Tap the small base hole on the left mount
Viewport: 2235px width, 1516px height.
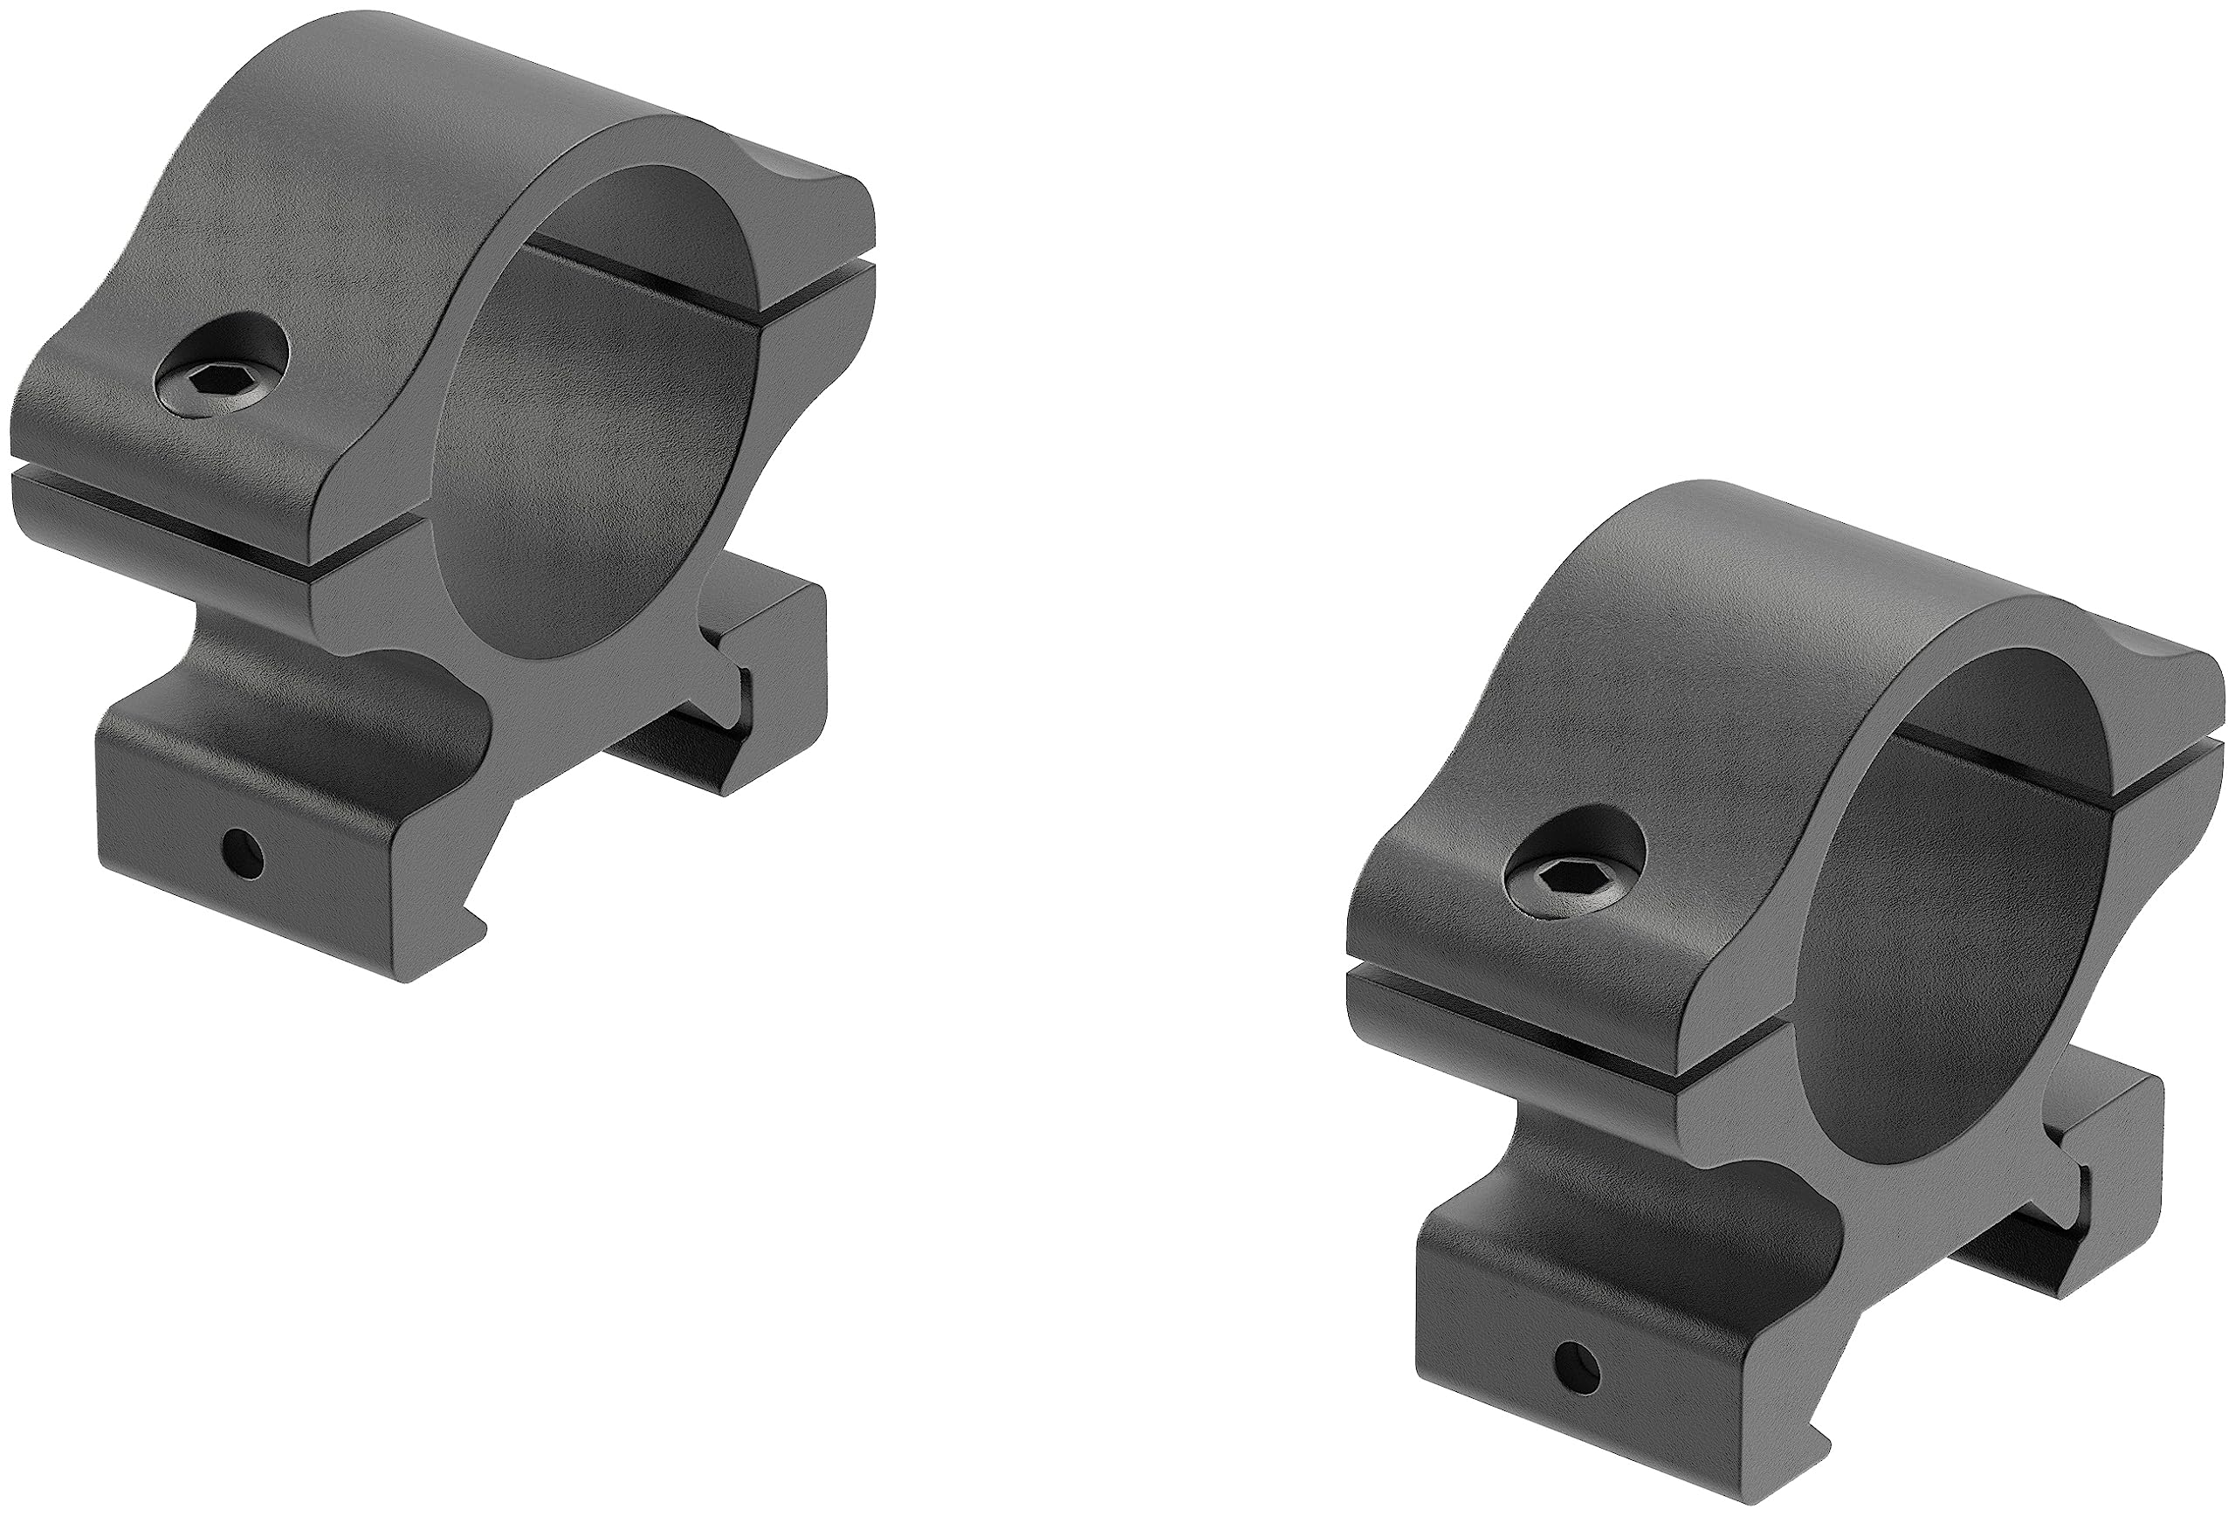coord(241,851)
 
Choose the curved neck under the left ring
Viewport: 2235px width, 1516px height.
coord(288,654)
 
